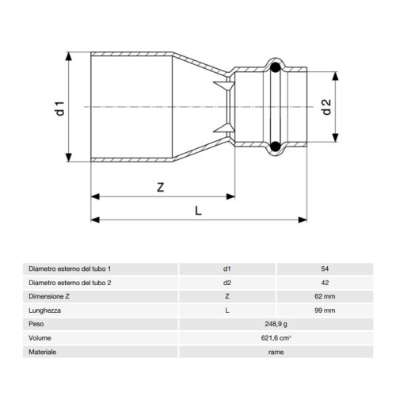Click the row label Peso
pos(36,324)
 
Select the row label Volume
pos(39,337)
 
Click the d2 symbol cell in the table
pos(227,283)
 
